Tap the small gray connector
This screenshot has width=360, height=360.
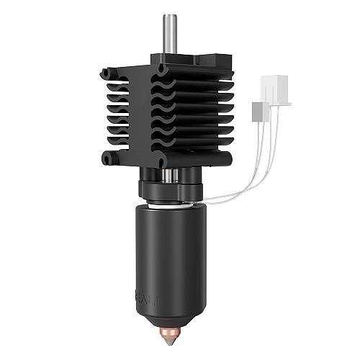(258, 111)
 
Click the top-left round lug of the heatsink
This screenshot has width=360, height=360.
(107, 73)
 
